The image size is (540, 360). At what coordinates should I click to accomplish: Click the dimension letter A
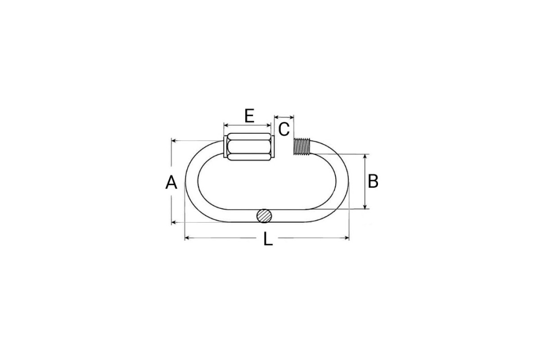[x=171, y=182]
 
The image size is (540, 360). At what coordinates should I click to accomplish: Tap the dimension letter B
[x=373, y=181]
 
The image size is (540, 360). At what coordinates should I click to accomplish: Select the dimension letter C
[x=284, y=129]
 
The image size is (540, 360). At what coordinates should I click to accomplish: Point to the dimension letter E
[x=249, y=116]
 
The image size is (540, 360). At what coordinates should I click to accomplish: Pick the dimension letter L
[x=268, y=238]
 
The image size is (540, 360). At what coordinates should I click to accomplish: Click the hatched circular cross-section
[x=264, y=216]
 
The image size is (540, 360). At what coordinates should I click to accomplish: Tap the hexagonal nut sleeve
[x=249, y=147]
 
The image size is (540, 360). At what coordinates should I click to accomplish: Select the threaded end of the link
[x=302, y=146]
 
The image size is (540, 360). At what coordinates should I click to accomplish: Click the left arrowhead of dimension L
[x=187, y=238]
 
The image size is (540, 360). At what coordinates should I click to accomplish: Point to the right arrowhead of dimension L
[x=347, y=238]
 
